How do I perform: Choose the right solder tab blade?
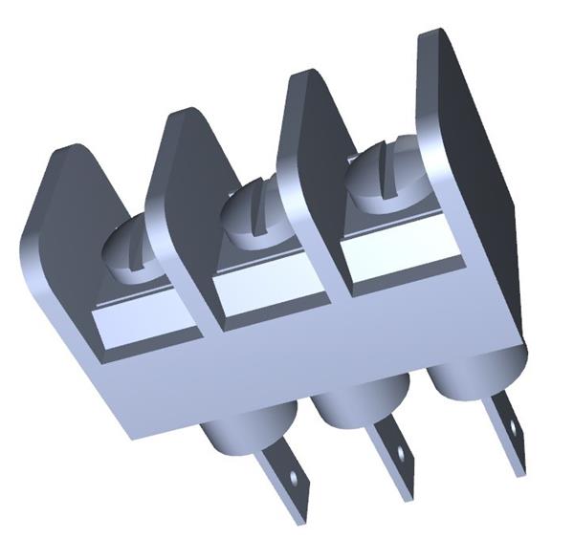click(507, 430)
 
